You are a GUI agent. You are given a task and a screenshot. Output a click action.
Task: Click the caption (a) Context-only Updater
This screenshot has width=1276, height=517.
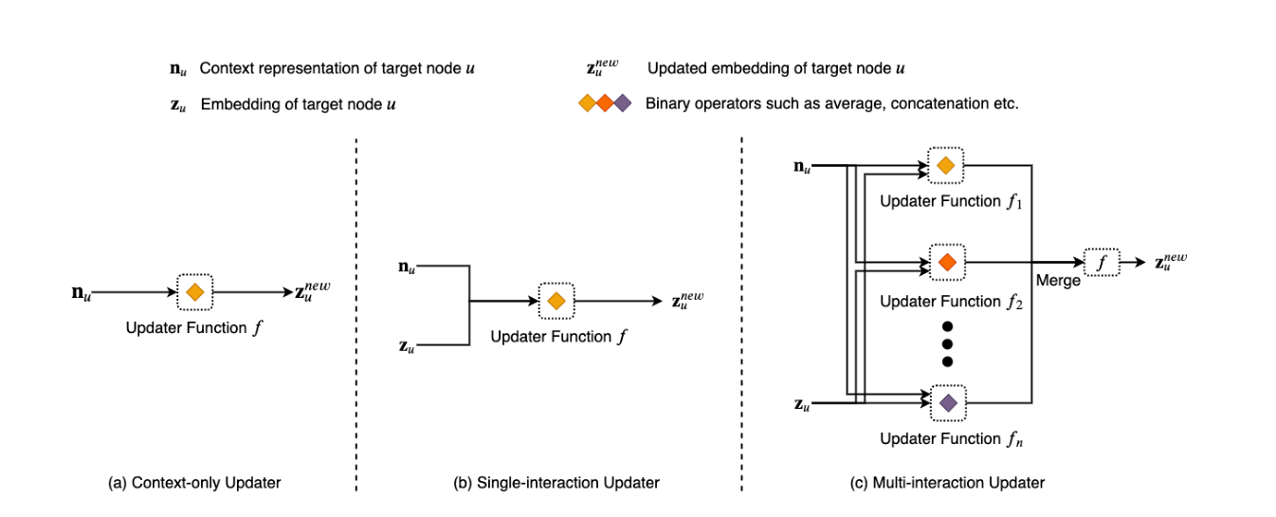point(194,483)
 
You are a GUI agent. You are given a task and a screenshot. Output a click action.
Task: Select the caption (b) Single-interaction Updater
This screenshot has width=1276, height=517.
point(556,483)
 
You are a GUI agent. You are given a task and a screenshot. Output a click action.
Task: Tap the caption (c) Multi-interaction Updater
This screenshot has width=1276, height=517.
point(948,483)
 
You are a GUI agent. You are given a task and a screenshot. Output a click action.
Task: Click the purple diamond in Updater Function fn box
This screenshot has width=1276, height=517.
point(947,403)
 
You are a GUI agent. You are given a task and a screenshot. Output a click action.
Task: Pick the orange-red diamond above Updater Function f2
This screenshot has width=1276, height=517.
point(947,260)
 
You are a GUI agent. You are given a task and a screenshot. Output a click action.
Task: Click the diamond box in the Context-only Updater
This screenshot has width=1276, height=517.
point(194,292)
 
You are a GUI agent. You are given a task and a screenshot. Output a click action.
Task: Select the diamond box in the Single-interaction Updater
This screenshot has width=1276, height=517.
point(556,301)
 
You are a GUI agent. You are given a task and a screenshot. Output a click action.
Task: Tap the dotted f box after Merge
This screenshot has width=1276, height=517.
point(1101,262)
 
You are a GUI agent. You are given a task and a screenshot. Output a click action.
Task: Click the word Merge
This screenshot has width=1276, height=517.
point(1058,281)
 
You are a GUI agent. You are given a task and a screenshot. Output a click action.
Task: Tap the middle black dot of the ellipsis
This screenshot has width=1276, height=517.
point(947,343)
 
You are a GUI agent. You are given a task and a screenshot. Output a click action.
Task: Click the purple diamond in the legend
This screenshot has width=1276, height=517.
point(623,103)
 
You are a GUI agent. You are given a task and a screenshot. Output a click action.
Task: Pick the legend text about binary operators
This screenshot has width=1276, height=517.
point(831,103)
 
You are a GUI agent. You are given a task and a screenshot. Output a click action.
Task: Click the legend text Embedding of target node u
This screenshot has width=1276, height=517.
point(298,103)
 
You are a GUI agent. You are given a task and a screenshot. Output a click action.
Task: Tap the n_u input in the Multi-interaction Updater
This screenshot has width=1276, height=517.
point(802,167)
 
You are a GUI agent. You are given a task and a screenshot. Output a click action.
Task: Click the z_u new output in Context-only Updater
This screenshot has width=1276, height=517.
point(313,291)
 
